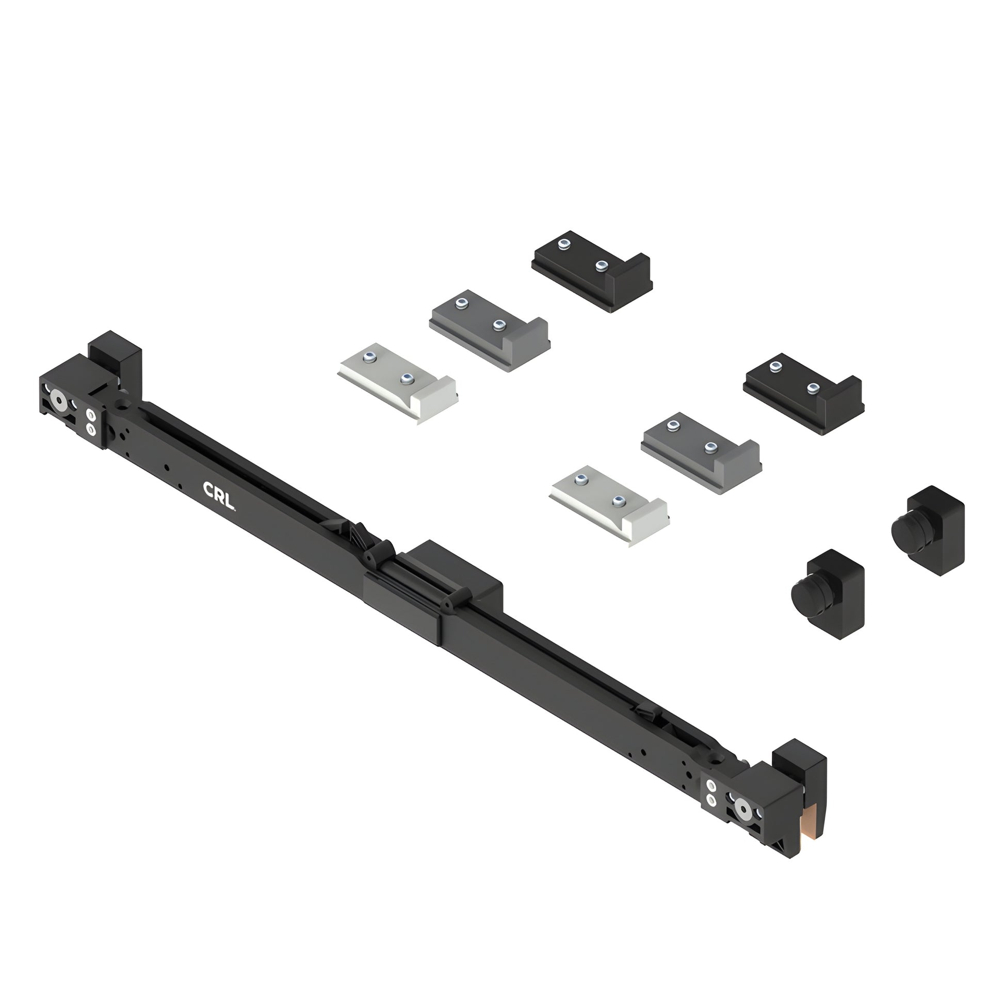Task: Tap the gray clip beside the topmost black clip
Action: [489, 330]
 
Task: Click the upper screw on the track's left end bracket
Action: [91, 415]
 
